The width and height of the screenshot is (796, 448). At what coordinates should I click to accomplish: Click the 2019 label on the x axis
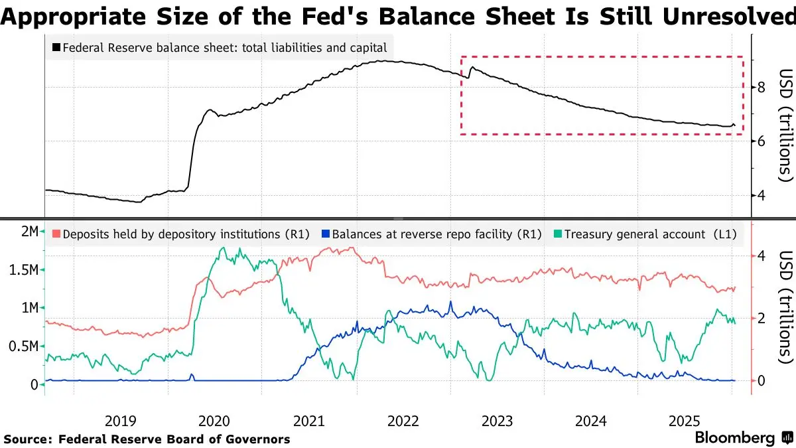(121, 420)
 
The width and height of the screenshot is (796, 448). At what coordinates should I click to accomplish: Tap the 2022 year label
(403, 420)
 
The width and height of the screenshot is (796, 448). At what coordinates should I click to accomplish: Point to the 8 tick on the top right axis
(762, 87)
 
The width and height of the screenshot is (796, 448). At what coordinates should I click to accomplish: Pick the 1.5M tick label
(24, 270)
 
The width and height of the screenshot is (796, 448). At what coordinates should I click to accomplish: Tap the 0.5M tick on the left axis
(24, 346)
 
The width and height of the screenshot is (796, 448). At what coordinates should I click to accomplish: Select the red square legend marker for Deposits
(56, 234)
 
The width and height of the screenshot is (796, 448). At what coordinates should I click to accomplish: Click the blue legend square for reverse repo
(324, 234)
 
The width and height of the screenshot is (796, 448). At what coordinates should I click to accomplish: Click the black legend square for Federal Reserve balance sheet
(56, 47)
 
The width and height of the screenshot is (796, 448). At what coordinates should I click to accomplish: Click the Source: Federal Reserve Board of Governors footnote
(147, 439)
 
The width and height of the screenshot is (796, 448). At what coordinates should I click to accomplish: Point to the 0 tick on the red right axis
(762, 380)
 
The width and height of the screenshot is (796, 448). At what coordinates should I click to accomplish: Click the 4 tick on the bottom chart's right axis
(762, 256)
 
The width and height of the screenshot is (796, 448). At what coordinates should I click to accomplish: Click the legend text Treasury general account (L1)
(651, 234)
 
